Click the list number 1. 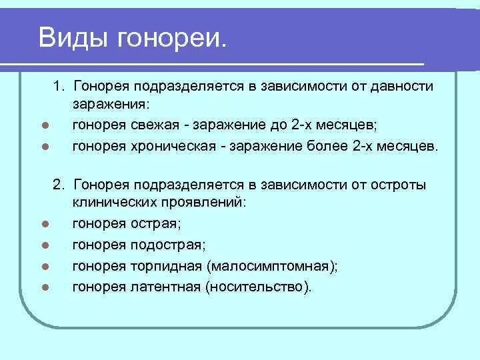point(59,87)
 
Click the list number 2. point(59,185)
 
